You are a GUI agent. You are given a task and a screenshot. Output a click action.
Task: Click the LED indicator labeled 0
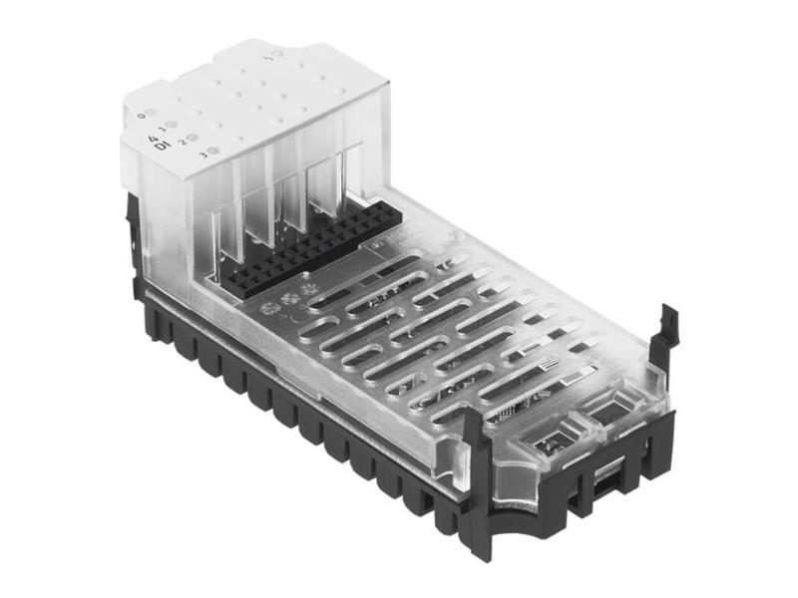point(151,113)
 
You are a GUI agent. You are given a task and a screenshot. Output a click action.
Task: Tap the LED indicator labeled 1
point(172,126)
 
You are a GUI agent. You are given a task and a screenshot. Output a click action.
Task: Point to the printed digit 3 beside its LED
point(202,155)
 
